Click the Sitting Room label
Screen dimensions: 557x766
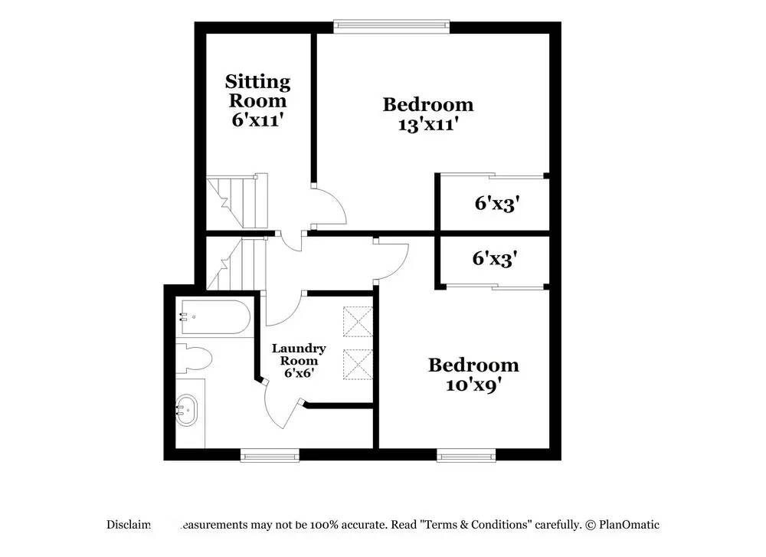(x=257, y=90)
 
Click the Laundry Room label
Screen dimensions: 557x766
(x=299, y=354)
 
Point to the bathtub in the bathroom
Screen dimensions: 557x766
(x=214, y=318)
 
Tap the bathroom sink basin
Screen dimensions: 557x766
(x=185, y=410)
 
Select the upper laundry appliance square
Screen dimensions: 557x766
(x=357, y=322)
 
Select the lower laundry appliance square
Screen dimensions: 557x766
(x=357, y=365)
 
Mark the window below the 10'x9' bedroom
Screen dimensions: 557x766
(x=466, y=456)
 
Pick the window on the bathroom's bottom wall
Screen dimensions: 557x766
(x=270, y=456)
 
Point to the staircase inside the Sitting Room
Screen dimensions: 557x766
(x=235, y=202)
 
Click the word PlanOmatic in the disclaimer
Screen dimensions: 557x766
(x=630, y=525)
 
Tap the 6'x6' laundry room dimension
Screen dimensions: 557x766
(x=299, y=373)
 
